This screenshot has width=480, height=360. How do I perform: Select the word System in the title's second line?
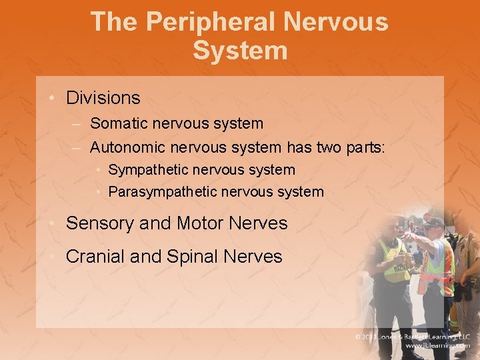coord(240,51)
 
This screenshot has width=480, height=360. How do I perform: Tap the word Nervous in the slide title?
coord(335,21)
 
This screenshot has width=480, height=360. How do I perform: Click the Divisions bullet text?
coord(103,98)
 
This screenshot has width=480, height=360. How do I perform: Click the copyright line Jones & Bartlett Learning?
coord(413,337)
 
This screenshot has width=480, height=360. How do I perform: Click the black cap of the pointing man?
coord(434,223)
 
